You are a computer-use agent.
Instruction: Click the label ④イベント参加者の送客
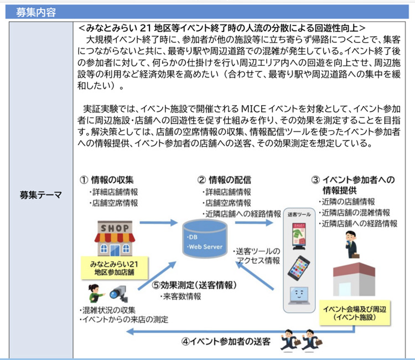coord(226,341)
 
